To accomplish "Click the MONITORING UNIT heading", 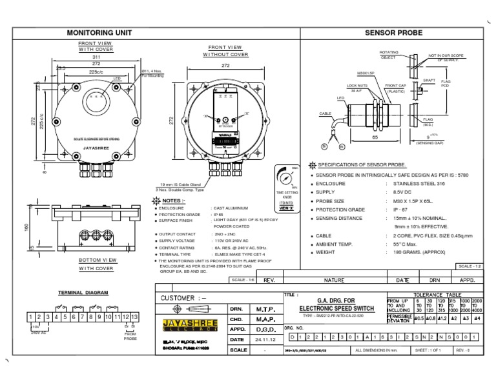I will click(99, 31).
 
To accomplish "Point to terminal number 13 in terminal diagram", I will click(134, 317).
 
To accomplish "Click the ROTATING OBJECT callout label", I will click(389, 54).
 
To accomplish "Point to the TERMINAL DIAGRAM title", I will click(83, 292).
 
